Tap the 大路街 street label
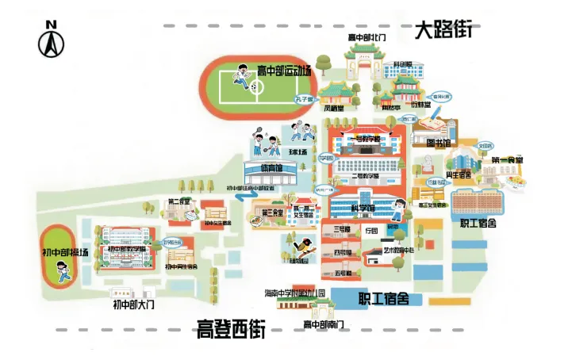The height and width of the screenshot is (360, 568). (443, 31)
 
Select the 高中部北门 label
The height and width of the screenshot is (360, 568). (367, 37)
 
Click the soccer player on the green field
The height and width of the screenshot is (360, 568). (240, 77)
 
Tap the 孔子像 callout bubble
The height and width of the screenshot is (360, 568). (305, 100)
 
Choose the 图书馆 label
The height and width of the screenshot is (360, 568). (439, 144)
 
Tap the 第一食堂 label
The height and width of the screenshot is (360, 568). (507, 160)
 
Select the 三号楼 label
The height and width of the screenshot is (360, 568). (342, 230)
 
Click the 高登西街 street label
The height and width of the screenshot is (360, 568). (230, 328)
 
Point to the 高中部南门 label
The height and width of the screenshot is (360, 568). (323, 324)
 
